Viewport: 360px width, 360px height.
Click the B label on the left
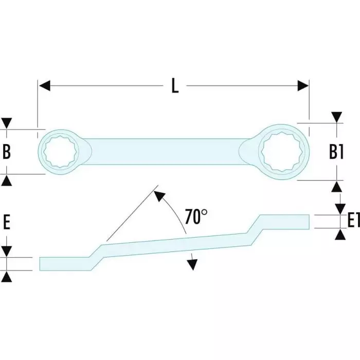(7, 152)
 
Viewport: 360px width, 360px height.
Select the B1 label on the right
(336, 152)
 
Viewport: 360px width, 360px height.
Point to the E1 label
(352, 221)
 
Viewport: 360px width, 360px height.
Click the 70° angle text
(196, 217)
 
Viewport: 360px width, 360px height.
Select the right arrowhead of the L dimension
(303, 86)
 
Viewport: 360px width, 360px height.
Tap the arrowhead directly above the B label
(7, 123)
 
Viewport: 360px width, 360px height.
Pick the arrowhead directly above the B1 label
(336, 118)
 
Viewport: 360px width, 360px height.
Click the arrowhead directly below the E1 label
(340, 234)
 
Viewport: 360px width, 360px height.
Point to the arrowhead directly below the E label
(7, 276)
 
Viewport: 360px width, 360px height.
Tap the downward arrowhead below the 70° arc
(192, 264)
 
